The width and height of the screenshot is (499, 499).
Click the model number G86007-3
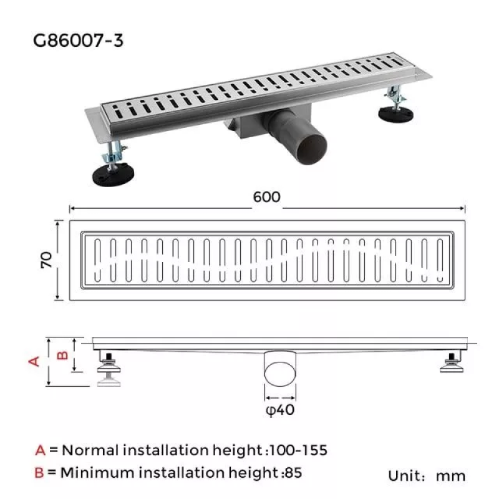79,41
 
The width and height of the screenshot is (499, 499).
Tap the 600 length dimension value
267,196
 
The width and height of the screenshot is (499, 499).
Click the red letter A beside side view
35,361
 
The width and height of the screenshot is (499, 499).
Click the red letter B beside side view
62,355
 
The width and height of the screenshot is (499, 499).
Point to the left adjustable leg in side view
109,368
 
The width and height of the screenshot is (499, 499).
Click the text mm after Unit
450,477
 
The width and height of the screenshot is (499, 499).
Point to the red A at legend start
41,450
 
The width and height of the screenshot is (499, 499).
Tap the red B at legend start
40,473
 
